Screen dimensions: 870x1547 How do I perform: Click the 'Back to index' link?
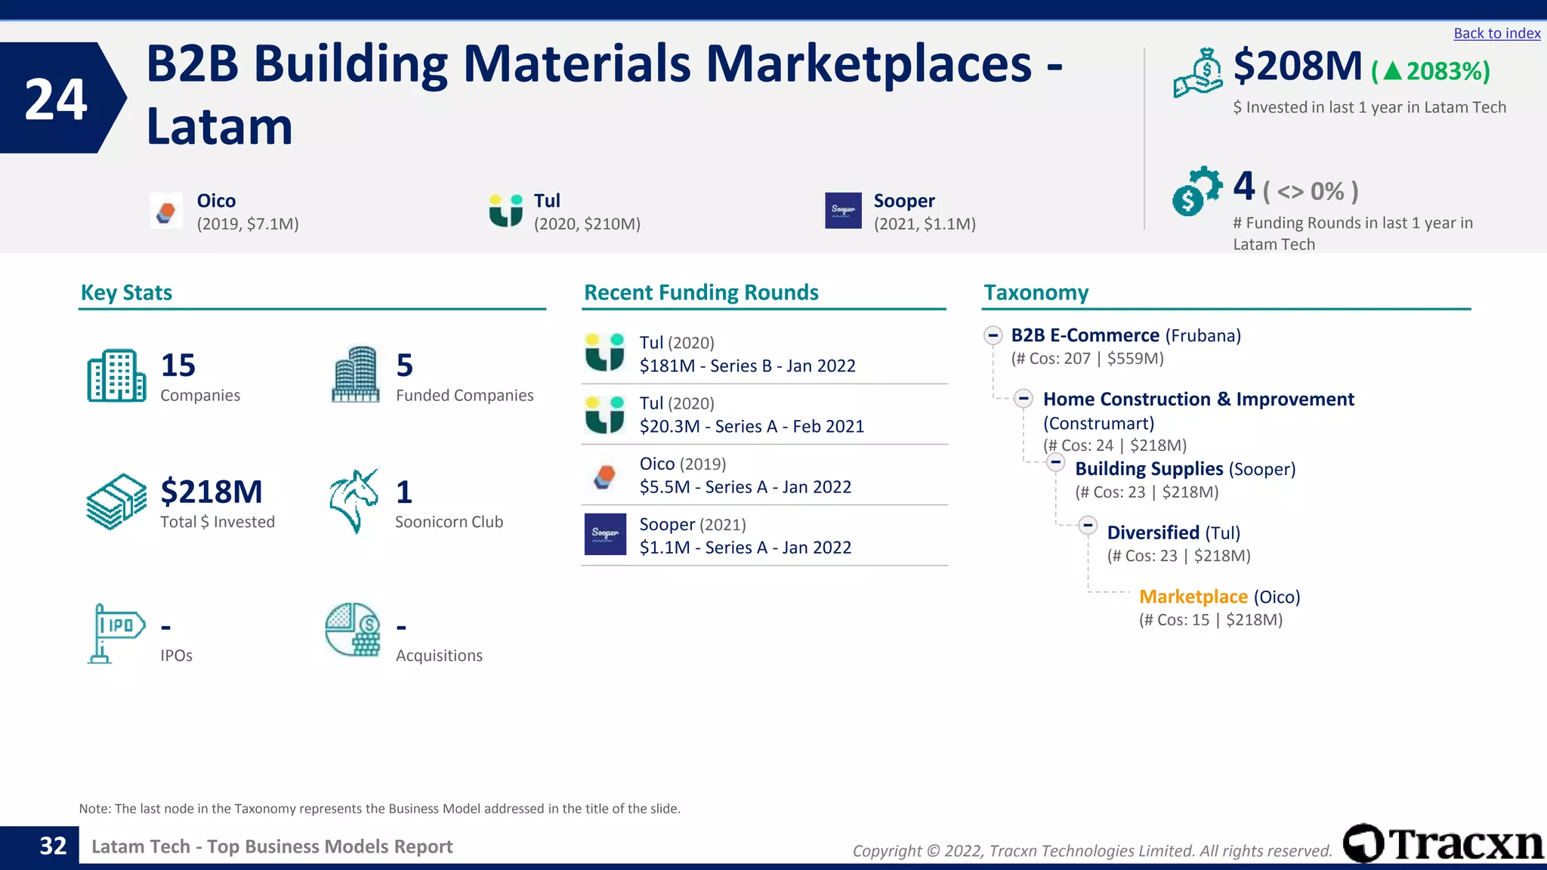(x=1496, y=33)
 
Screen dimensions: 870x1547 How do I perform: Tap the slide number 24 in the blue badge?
(x=56, y=99)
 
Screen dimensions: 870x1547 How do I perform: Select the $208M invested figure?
(x=1297, y=66)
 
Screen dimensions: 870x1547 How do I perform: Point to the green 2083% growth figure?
(x=1431, y=71)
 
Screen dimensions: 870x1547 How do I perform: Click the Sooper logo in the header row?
(x=843, y=210)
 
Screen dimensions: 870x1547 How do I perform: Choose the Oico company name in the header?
(x=216, y=201)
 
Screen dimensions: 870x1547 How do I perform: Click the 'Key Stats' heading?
(x=126, y=292)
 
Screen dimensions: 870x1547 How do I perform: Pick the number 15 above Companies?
(x=178, y=366)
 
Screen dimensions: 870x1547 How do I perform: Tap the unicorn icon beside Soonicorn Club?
(x=354, y=500)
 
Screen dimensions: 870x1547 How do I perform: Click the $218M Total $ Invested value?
(x=212, y=492)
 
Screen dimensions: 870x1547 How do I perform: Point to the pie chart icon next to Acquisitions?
(x=353, y=629)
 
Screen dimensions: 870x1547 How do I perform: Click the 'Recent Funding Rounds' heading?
(x=701, y=292)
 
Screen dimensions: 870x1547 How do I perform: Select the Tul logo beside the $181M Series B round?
(x=605, y=353)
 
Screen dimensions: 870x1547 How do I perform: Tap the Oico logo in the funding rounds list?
(x=605, y=476)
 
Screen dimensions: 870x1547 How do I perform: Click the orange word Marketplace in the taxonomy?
(x=1193, y=597)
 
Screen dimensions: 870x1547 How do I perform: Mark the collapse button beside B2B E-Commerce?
(x=993, y=335)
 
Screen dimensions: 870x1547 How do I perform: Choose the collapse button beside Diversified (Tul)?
(x=1088, y=525)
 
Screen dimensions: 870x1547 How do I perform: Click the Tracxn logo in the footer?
(x=1443, y=844)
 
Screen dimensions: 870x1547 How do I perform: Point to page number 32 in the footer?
(x=53, y=846)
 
